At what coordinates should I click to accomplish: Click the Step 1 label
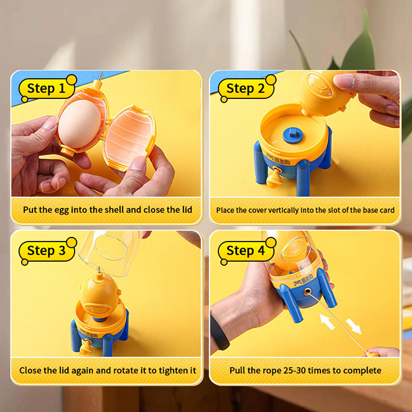[x=47, y=88]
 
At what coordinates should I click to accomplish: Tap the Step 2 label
[x=246, y=88]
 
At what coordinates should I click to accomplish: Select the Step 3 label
[x=47, y=251]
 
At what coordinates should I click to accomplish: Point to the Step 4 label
[x=246, y=251]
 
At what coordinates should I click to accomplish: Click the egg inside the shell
[x=79, y=124]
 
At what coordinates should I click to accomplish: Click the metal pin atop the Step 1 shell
[x=100, y=77]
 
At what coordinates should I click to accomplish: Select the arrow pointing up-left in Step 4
[x=327, y=321]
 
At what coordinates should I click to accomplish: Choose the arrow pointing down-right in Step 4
[x=354, y=327]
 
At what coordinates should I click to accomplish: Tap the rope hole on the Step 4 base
[x=306, y=291]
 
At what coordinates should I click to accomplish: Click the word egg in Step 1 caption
[x=61, y=210]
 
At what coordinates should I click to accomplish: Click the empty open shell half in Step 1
[x=130, y=138]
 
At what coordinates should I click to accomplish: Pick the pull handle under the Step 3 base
[x=86, y=347]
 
